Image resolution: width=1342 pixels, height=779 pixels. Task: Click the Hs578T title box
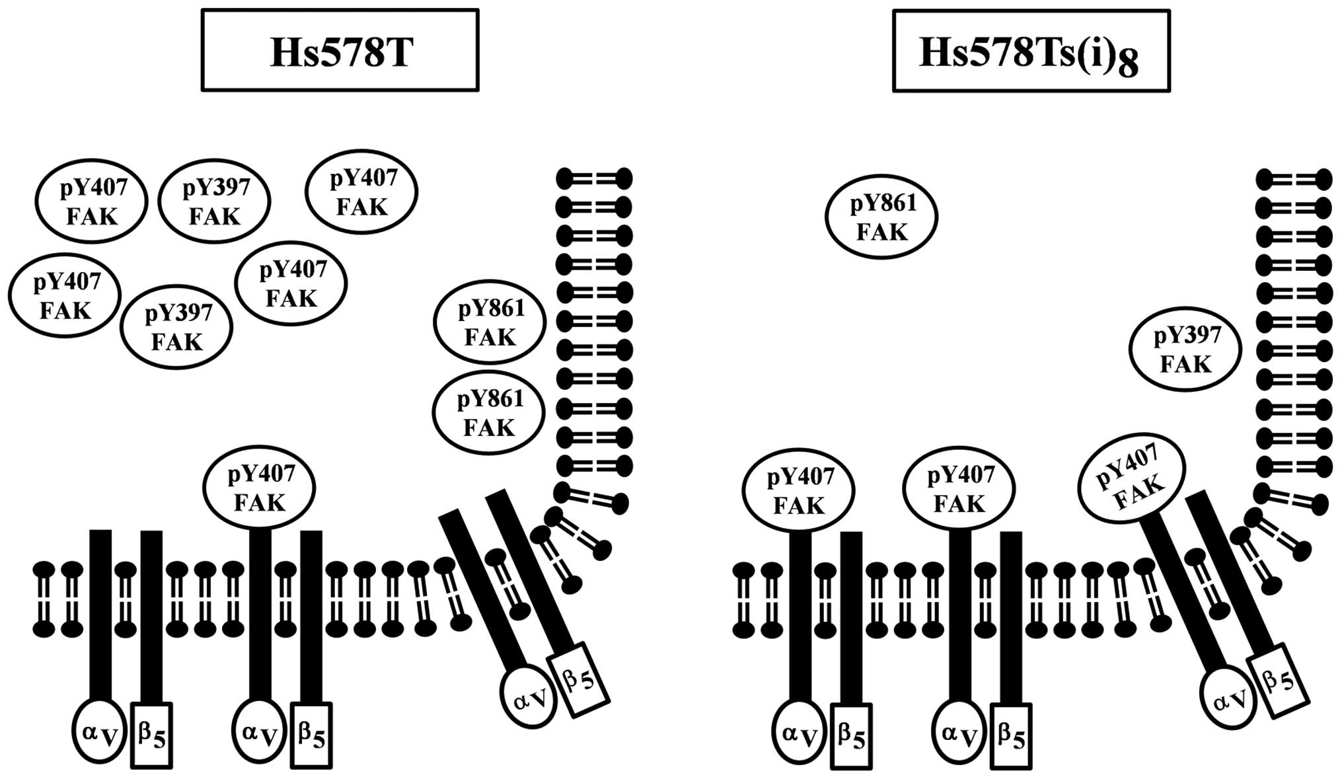[x=340, y=50]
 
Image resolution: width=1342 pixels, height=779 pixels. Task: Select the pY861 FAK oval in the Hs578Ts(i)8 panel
[x=881, y=217]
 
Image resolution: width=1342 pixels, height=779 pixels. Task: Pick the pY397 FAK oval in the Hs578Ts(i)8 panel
[x=1185, y=349]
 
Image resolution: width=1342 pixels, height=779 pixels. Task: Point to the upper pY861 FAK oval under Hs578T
[x=490, y=322]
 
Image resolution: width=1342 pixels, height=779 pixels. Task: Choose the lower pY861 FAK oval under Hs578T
[x=488, y=413]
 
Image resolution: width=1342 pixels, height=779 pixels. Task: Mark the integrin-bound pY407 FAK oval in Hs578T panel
[x=259, y=488]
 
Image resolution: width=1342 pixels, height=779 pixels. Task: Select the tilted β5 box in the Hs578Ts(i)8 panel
[x=1279, y=681]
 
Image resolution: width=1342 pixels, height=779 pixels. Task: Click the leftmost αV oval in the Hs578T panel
[x=99, y=731]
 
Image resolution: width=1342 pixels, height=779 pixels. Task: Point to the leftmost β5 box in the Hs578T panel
[x=151, y=735]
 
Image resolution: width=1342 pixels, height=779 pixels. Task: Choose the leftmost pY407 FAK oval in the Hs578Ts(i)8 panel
[x=798, y=490]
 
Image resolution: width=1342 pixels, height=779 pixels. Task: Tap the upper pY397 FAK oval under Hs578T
[x=215, y=202]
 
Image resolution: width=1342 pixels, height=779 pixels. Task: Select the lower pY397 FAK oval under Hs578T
[x=176, y=327]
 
